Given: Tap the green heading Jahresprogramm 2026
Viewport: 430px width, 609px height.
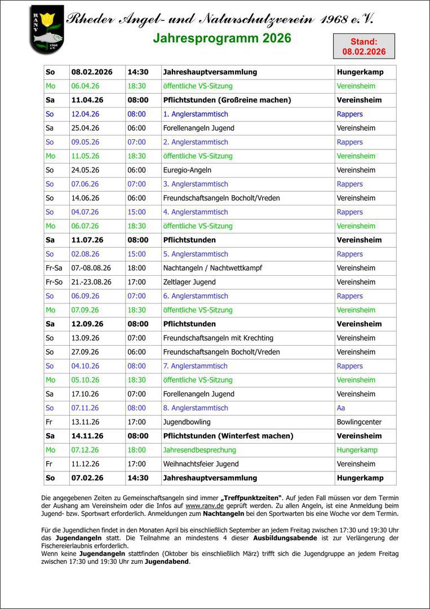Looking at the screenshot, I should tap(222, 38).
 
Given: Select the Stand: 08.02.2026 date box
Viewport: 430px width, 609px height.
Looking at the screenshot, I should tap(363, 46).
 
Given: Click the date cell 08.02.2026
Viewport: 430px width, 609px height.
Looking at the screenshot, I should tap(92, 72).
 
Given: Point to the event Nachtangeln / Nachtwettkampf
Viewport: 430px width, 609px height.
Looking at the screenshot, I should tap(212, 268).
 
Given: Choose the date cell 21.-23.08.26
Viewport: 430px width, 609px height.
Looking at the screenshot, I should tap(91, 282).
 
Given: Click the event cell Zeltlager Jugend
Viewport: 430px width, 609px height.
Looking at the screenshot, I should tap(189, 282).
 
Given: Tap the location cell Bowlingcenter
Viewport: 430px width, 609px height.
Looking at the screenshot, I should tap(359, 422).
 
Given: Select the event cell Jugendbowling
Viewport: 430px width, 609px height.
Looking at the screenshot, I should tap(187, 422).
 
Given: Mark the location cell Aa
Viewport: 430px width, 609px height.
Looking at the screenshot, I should tap(341, 408).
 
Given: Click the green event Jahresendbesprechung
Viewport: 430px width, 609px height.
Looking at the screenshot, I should tap(200, 450).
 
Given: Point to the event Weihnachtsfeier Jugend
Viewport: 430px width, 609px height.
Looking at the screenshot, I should tap(201, 464).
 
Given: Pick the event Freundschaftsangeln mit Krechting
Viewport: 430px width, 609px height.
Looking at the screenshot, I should tap(218, 338).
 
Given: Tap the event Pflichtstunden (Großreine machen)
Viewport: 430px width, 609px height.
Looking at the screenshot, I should tap(227, 100).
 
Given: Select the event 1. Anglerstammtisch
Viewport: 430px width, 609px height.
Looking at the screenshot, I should tap(196, 114).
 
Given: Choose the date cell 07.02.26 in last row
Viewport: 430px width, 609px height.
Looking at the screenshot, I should tap(87, 478).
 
